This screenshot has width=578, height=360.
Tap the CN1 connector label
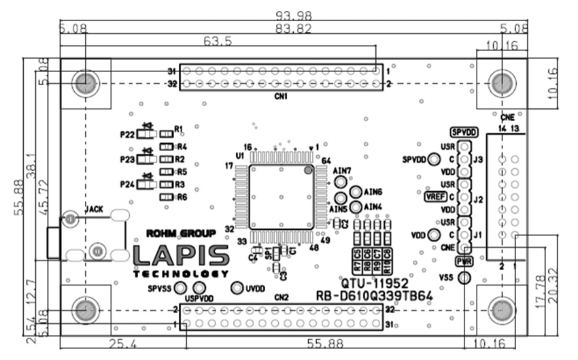(x=280, y=96)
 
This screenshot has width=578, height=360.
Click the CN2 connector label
(x=282, y=297)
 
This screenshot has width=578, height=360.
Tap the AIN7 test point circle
(x=341, y=182)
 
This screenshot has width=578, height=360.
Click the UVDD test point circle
(x=237, y=288)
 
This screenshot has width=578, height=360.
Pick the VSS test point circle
(x=464, y=277)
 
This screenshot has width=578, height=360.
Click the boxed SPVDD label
(x=464, y=132)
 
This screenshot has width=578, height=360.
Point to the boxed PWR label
(x=464, y=261)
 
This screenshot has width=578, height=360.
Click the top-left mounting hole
(x=85, y=83)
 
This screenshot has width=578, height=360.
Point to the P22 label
(x=127, y=135)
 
